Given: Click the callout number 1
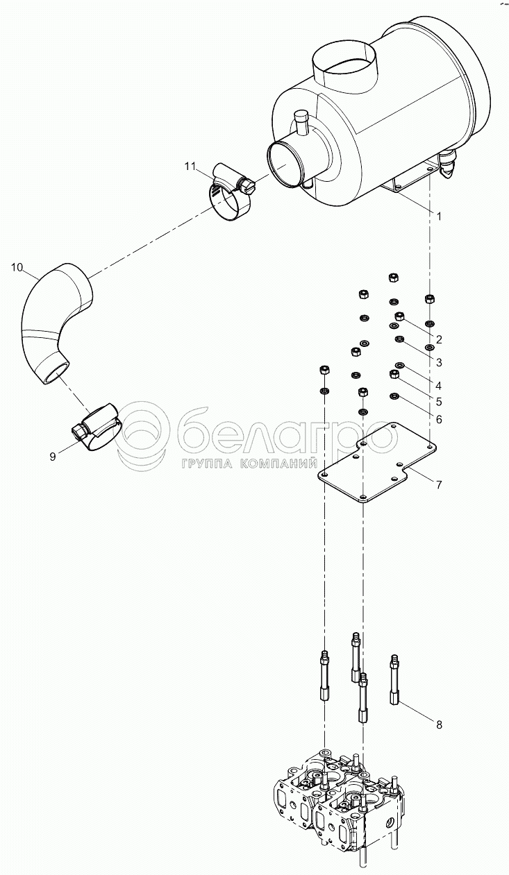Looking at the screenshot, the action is tap(439, 216).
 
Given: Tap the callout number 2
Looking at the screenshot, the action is tap(439, 340).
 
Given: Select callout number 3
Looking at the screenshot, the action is tap(439, 362).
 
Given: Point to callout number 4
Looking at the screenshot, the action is tap(439, 386).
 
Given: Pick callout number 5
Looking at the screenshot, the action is tap(439, 402).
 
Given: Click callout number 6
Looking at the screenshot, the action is tap(439, 420).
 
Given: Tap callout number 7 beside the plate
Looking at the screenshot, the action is tap(439, 485).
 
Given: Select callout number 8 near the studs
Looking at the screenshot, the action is tap(439, 725).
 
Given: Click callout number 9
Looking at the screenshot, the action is tap(53, 457).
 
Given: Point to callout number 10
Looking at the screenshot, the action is tap(17, 268).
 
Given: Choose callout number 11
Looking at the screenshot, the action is tap(190, 167).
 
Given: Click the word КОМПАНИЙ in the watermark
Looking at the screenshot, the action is tap(277, 464).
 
